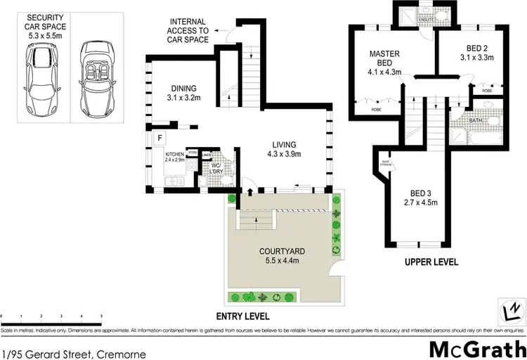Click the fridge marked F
(160, 138)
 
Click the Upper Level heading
(431, 262)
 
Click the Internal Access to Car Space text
(188, 31)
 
